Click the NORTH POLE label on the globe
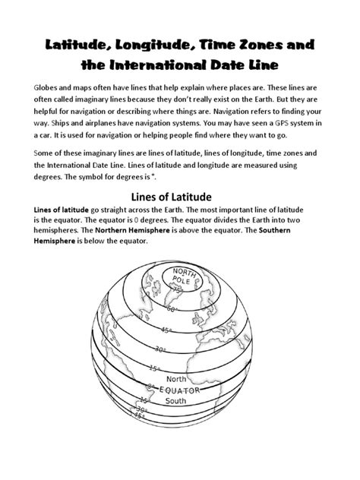pos(184,276)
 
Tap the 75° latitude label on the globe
pos(178,289)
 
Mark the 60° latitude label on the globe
pos(172,309)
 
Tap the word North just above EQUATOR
pos(176,378)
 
